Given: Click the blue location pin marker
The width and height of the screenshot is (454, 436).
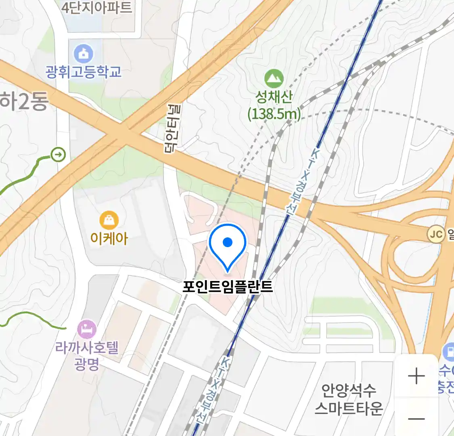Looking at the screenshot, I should pyautogui.click(x=228, y=245).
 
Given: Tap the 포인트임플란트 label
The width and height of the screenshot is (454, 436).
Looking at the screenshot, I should pyautogui.click(x=228, y=287).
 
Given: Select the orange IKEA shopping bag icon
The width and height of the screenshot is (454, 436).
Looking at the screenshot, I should pyautogui.click(x=109, y=220).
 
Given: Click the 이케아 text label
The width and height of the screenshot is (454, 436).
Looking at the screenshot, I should pyautogui.click(x=109, y=238).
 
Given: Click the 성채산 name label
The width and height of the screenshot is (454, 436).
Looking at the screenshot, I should pyautogui.click(x=274, y=97).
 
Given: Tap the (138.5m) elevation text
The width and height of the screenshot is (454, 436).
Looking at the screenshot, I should pyautogui.click(x=274, y=114).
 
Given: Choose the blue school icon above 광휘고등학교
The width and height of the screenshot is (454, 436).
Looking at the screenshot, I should pyautogui.click(x=84, y=54).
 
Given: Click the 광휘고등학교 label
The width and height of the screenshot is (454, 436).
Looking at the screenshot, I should pyautogui.click(x=84, y=72).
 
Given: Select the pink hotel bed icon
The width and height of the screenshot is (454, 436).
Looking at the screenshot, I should pyautogui.click(x=87, y=329).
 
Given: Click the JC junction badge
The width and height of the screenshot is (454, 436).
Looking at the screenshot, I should pyautogui.click(x=436, y=235).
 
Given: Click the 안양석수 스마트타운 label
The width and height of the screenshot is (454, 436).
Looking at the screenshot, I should pyautogui.click(x=349, y=399).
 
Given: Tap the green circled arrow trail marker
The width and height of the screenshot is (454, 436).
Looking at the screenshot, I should pyautogui.click(x=59, y=154).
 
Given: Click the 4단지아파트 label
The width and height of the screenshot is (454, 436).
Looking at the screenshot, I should pyautogui.click(x=96, y=7).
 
